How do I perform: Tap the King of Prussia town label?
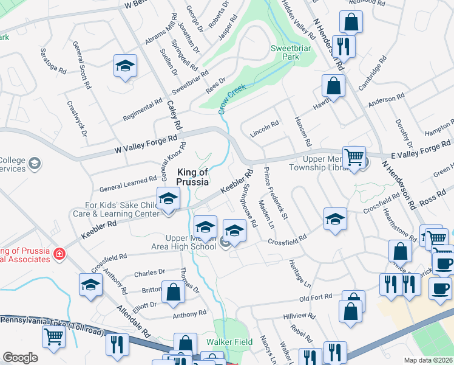click(192, 176)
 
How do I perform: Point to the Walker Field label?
click(229, 342)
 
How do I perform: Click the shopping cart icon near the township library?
click(353, 156)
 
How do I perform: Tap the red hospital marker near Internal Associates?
click(59, 253)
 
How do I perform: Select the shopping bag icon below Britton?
click(174, 291)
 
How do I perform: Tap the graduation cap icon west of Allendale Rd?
click(90, 285)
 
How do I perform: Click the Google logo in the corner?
click(20, 358)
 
